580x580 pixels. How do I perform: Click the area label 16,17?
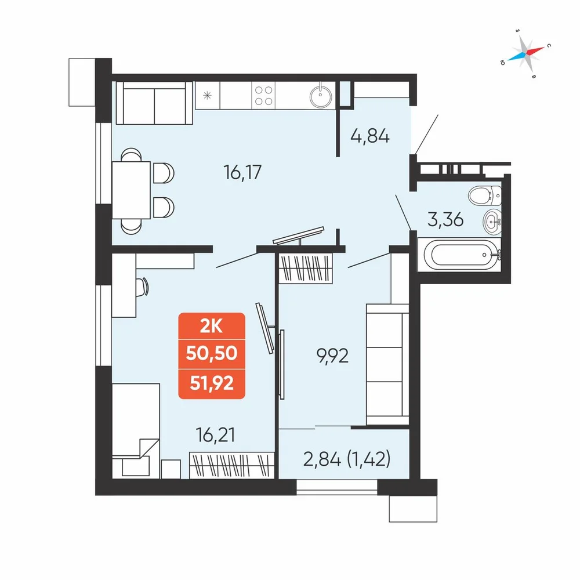click(x=242, y=172)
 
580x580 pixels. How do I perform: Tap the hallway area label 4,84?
click(x=370, y=136)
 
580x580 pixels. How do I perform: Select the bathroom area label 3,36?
click(x=445, y=219)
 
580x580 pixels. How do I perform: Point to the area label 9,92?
click(x=332, y=356)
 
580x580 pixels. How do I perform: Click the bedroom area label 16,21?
click(x=216, y=435)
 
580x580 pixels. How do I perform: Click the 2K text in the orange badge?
click(x=211, y=326)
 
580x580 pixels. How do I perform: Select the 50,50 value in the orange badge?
click(x=212, y=353)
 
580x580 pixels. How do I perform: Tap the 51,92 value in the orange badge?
click(x=212, y=383)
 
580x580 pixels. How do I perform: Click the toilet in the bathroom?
click(x=484, y=195)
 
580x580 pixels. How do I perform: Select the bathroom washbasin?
click(x=492, y=222)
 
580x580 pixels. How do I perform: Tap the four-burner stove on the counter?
click(x=263, y=96)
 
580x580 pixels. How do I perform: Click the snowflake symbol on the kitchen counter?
click(x=207, y=96)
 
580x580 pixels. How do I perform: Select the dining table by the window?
click(x=131, y=190)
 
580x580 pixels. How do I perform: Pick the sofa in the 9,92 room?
click(x=387, y=364)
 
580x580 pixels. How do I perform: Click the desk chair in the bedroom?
click(x=142, y=287)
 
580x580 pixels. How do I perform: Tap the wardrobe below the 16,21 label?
click(x=232, y=465)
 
